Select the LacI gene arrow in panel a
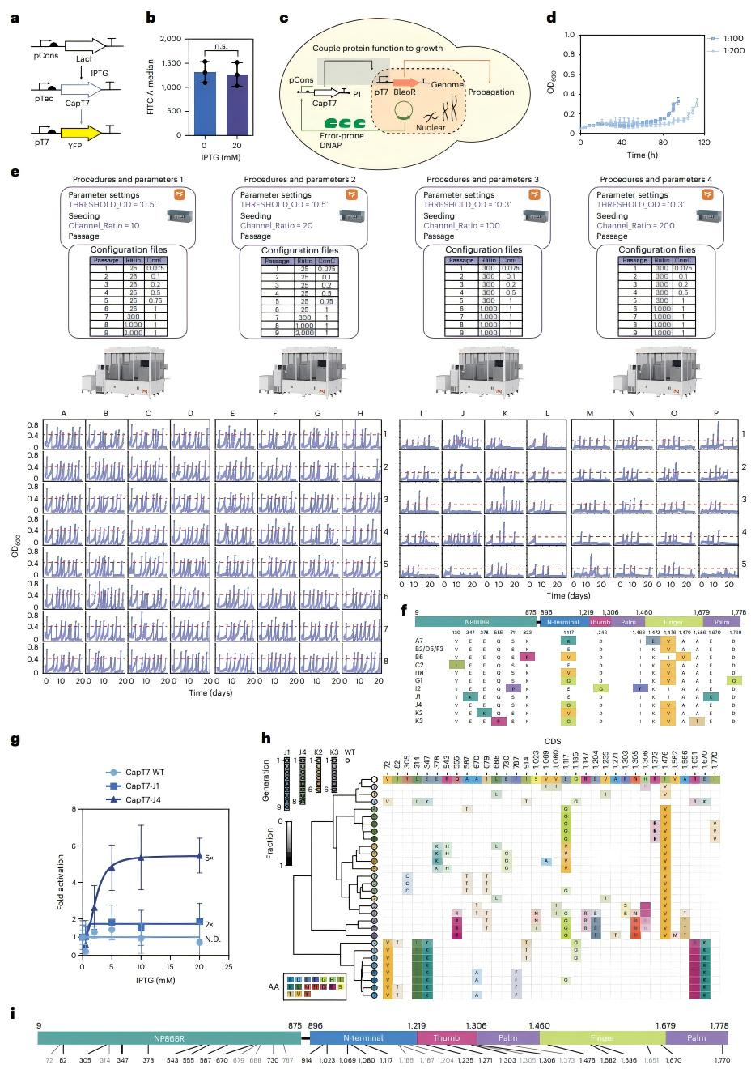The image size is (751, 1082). pos(84,46)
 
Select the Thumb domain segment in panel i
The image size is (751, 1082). pos(447,1037)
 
